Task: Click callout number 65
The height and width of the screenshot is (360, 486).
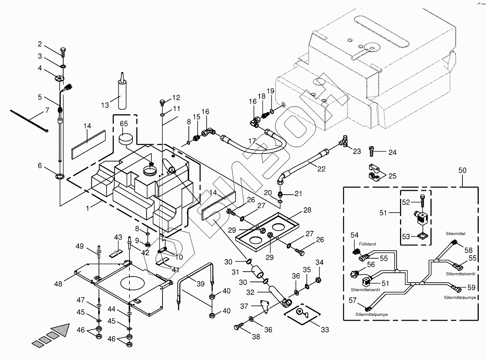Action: pyautogui.click(x=124, y=124)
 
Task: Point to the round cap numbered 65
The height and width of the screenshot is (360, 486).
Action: pyautogui.click(x=126, y=139)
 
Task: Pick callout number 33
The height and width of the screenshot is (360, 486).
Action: pyautogui.click(x=324, y=330)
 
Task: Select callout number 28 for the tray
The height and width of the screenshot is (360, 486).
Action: pyautogui.click(x=307, y=210)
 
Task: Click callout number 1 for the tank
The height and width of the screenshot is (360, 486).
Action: pyautogui.click(x=88, y=208)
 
